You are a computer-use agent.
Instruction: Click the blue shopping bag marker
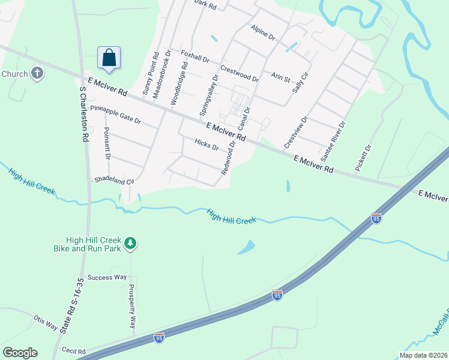click(x=109, y=58)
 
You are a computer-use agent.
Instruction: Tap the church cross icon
click(x=37, y=74)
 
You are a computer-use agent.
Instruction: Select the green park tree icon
click(x=130, y=244)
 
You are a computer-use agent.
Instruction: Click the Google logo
click(x=20, y=353)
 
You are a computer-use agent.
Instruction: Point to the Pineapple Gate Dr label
click(x=115, y=115)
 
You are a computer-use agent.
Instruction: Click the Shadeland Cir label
click(x=114, y=180)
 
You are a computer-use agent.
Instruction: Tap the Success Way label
click(x=107, y=277)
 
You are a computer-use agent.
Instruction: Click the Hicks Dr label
click(x=207, y=145)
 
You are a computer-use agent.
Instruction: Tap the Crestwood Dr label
click(x=239, y=74)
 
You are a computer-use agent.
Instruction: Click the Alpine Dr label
click(x=263, y=33)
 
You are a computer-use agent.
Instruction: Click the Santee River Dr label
click(x=334, y=142)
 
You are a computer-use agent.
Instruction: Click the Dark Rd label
click(x=205, y=4)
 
